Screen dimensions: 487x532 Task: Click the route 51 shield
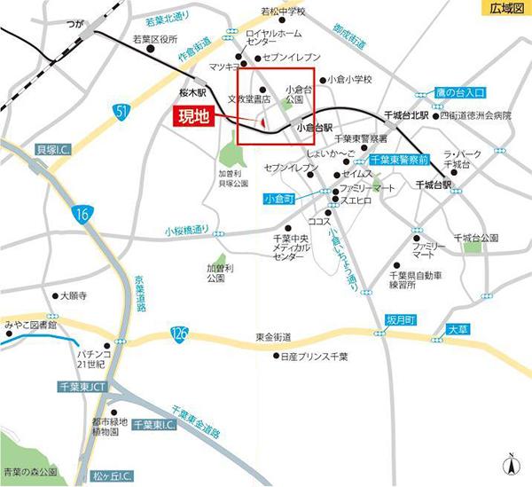121,109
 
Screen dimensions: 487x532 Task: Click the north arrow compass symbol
511,465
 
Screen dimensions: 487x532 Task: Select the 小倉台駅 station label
314,128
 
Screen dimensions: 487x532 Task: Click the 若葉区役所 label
155,39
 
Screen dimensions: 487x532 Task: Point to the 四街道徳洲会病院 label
481,115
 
